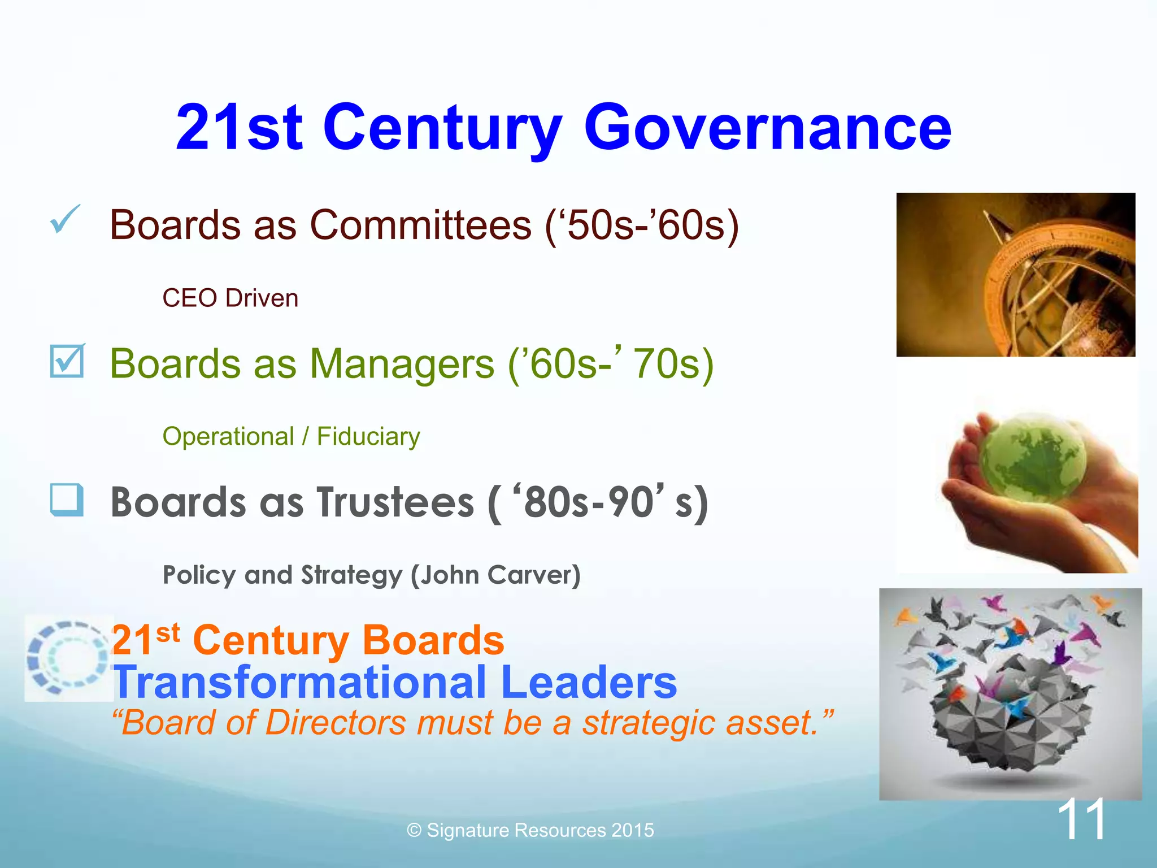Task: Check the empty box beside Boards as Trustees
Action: point(67,500)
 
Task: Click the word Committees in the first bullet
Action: point(421,225)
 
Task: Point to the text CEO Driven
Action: point(230,298)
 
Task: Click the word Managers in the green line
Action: point(402,364)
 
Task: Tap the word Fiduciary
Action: point(368,436)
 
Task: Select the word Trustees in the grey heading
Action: point(395,502)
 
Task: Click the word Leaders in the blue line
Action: point(589,682)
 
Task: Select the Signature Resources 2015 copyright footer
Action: point(530,830)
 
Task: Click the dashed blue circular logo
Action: point(68,657)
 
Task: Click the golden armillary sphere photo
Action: point(1016,275)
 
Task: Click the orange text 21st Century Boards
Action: point(308,640)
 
